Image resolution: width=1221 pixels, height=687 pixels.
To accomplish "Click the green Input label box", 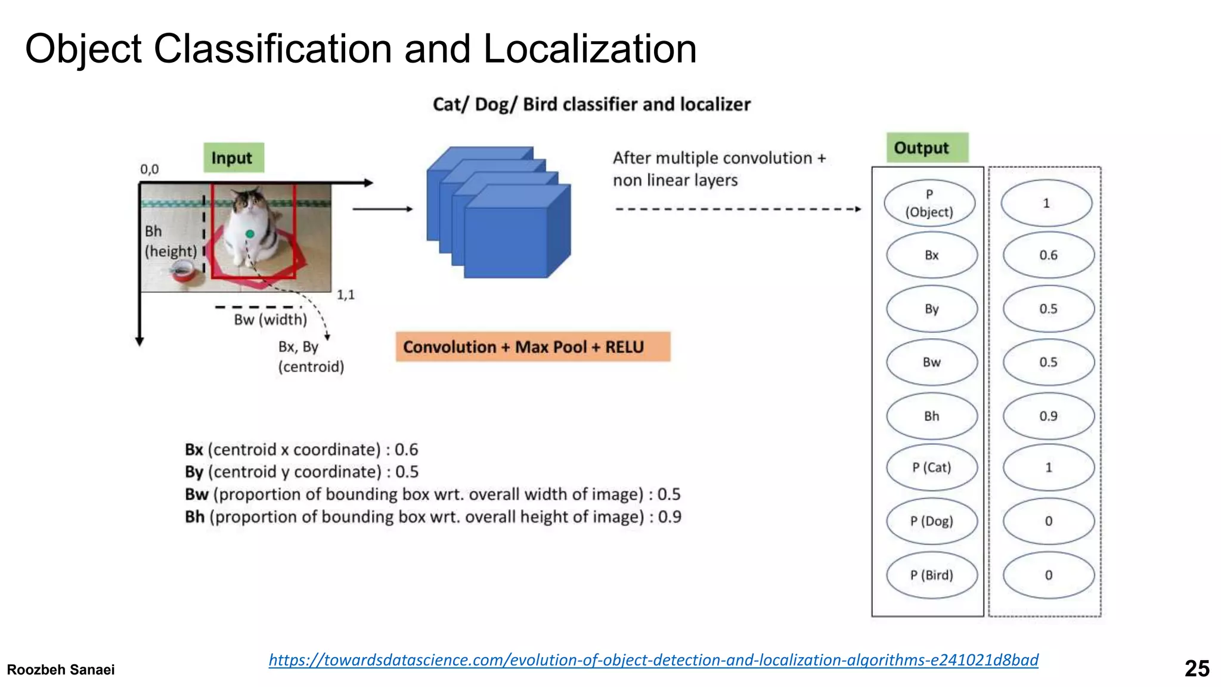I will coord(233,158).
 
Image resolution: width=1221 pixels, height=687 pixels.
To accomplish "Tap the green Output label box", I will coord(926,147).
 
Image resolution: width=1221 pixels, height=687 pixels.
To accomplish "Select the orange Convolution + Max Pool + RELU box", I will coord(532,347).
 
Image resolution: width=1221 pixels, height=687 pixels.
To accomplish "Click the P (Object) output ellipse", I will coord(929,203).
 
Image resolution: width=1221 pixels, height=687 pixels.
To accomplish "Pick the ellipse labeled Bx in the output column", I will coord(931,255).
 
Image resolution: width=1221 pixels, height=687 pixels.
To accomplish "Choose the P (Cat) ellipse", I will coord(931,468).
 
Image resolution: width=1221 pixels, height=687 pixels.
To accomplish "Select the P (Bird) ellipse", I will coord(931,575).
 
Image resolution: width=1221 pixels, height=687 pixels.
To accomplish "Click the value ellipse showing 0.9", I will coord(1048,416).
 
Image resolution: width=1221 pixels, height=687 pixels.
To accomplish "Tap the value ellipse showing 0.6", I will coord(1048,255).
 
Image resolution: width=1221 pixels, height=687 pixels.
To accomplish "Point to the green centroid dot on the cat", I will coord(250,234).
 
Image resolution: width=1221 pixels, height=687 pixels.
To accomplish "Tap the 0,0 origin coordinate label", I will coord(149,169).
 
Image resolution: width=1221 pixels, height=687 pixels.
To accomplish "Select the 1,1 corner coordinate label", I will coord(345,295).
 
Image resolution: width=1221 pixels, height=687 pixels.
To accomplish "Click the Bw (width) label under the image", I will coord(270,320).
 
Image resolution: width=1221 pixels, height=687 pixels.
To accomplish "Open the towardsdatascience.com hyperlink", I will coord(653,660).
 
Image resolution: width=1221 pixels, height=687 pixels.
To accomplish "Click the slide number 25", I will coord(1196,669).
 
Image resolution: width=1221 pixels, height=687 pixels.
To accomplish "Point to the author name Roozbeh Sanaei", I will coord(61,670).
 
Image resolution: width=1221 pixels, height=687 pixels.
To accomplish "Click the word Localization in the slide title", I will coord(589,49).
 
